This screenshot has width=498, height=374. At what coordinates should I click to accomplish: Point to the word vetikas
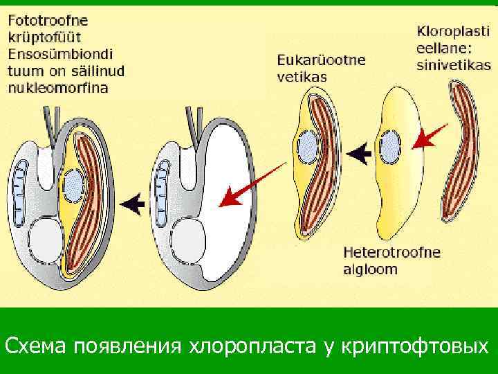pos(302,76)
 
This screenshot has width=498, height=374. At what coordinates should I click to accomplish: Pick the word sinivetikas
pos(453,65)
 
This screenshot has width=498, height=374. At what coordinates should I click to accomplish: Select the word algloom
pos(371,269)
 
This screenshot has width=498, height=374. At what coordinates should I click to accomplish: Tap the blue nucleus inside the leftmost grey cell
pos(73,184)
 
